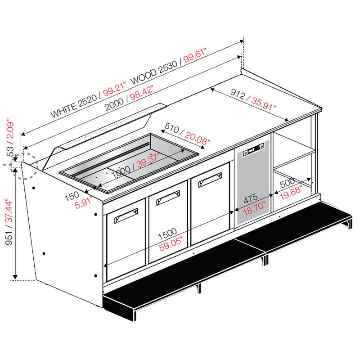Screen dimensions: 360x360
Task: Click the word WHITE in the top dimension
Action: tap(64, 110)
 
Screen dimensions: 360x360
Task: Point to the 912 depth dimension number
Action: tap(238, 94)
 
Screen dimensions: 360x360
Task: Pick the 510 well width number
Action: tap(172, 128)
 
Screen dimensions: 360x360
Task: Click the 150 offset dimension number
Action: tap(72, 196)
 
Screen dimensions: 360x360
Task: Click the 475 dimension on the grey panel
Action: tap(251, 199)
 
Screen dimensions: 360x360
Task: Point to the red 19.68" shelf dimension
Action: tap(291, 193)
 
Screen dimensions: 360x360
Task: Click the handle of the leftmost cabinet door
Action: tap(126, 216)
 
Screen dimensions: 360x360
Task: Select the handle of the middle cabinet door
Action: tap(168, 198)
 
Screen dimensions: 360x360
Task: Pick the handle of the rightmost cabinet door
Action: tap(210, 180)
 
